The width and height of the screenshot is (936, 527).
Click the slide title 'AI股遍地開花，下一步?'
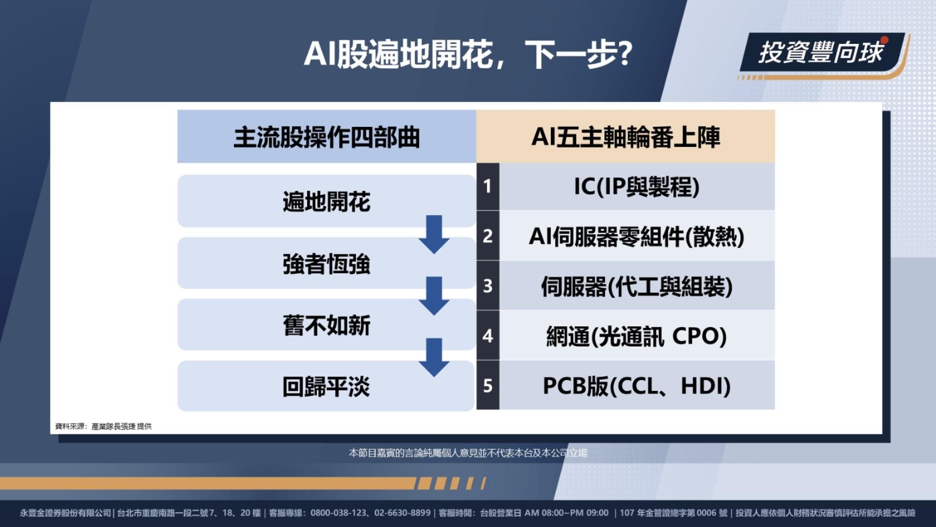[468, 54]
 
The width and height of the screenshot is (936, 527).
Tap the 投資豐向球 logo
[822, 53]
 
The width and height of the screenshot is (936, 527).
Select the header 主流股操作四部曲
[327, 137]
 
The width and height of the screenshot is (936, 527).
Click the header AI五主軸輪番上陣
[625, 137]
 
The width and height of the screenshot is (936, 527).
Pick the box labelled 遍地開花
[327, 201]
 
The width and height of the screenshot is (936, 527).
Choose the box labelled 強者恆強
[327, 263]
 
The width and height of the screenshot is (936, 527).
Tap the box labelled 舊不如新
[327, 325]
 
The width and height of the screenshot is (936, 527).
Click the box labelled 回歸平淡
[326, 386]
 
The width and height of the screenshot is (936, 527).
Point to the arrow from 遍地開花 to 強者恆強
[434, 235]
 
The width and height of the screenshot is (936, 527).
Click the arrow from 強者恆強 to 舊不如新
[434, 296]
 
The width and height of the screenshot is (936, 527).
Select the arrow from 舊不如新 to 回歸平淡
[434, 358]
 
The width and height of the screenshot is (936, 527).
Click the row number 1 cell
[487, 186]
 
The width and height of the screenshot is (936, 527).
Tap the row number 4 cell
[487, 336]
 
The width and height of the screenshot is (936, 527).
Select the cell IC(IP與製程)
[637, 186]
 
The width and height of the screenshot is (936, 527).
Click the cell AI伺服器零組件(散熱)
[637, 236]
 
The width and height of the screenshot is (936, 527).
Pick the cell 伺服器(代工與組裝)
[637, 286]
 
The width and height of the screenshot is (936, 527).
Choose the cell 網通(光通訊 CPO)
[637, 336]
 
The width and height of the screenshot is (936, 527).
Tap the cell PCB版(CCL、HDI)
[637, 385]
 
